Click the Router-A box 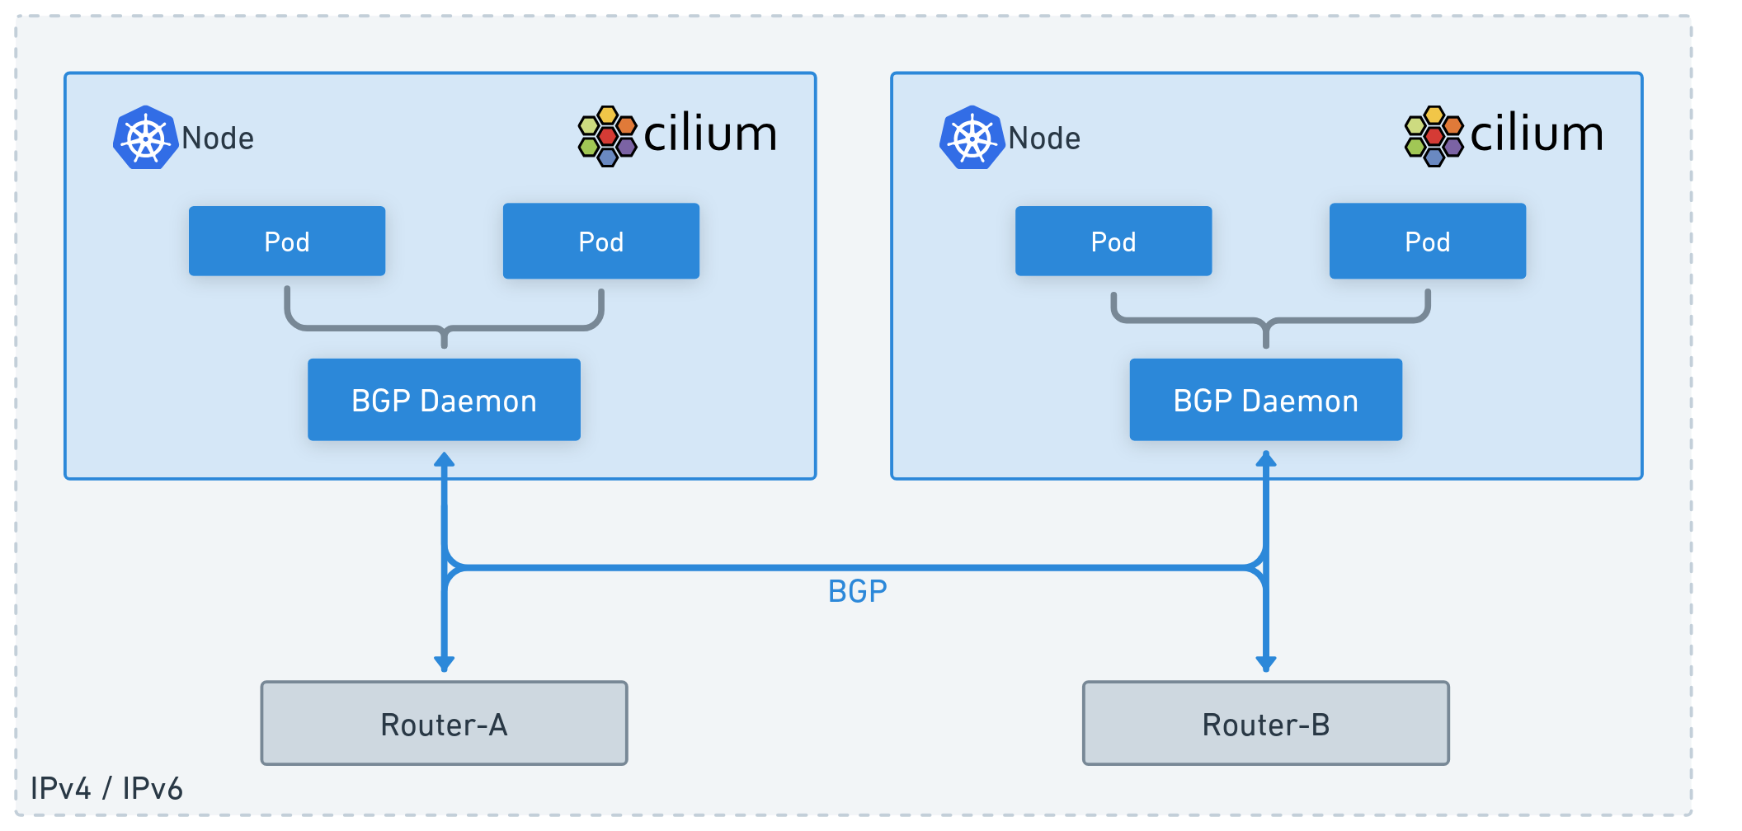[444, 723]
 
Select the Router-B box [1265, 723]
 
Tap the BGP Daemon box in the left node [444, 400]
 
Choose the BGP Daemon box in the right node [1265, 400]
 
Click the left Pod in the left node [287, 241]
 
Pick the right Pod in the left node [600, 241]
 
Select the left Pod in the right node [1113, 241]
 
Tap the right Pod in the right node [1427, 241]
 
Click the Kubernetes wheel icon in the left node [146, 138]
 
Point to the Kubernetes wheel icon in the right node [972, 138]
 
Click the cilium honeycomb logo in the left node [607, 136]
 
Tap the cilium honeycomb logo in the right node [1434, 136]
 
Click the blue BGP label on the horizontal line [857, 591]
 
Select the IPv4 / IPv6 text [106, 788]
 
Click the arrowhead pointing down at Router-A [444, 662]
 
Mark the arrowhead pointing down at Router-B [1265, 662]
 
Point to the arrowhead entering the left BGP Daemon [444, 460]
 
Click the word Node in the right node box [1044, 138]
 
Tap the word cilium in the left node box [709, 134]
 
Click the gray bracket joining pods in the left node [444, 327]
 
